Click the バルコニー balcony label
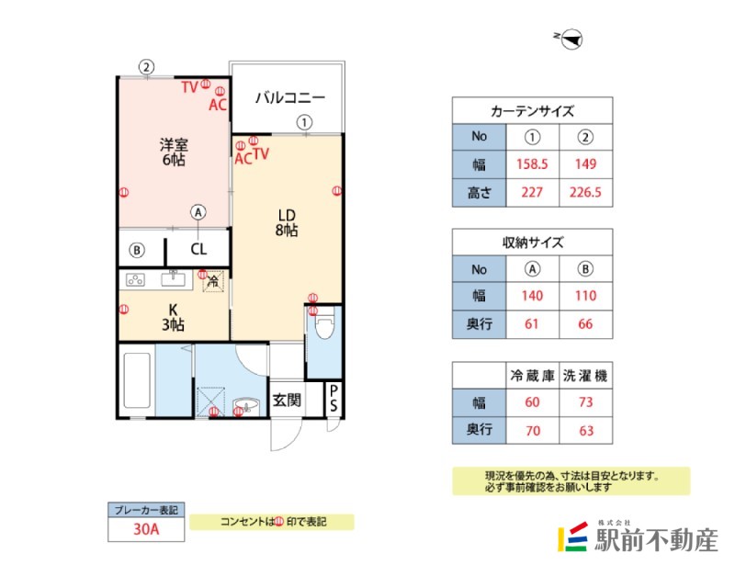point(289,96)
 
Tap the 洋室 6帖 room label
point(173,152)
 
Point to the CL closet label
point(198,249)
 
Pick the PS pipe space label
point(334,400)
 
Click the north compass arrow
point(571,38)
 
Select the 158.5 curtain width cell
point(532,164)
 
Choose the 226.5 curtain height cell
point(586,193)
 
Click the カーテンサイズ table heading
point(532,110)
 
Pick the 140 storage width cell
point(532,296)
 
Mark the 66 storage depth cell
point(586,324)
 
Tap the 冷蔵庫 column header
point(532,375)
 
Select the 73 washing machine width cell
point(586,401)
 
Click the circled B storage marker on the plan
point(137,249)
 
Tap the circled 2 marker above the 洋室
point(146,66)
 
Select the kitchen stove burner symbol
point(136,279)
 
